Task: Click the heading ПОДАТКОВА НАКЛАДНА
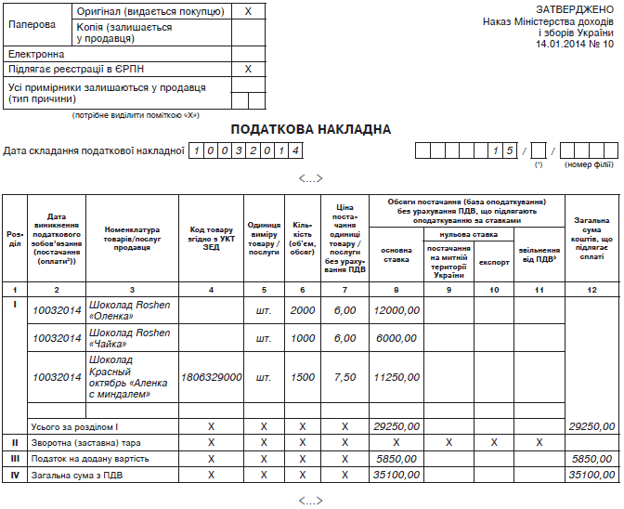coord(311,129)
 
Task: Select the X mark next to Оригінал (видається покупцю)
coord(248,11)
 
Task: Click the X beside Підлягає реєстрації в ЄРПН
coord(248,69)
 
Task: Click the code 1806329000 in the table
coord(212,378)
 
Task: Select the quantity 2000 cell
coord(303,310)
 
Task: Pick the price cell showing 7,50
coord(344,378)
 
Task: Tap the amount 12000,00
coord(396,310)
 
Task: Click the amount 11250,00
coord(396,378)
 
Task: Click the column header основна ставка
coord(396,254)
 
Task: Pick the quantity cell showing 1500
coord(303,378)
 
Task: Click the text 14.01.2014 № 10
coord(575,44)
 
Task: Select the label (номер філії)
coord(589,164)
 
